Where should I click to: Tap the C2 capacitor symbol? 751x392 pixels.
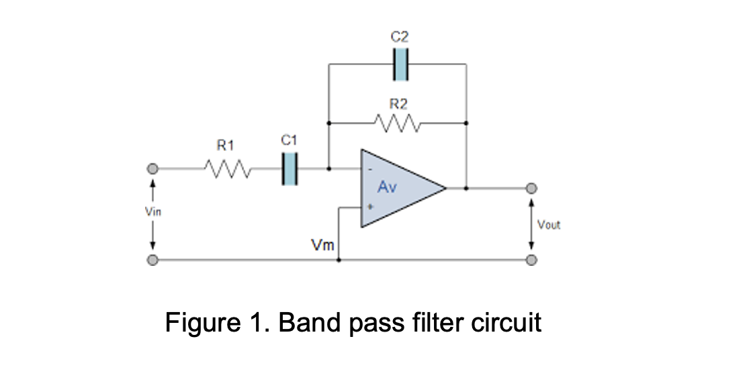coord(400,64)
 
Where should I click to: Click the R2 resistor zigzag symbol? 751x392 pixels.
coord(398,124)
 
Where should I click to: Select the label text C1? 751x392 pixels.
coord(288,139)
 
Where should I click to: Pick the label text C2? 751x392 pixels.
coord(400,38)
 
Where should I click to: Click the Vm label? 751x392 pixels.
coord(322,246)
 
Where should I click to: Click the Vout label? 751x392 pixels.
coord(549,225)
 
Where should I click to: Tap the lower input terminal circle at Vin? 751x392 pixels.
coord(153,260)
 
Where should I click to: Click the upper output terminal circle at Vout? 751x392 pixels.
coord(532,189)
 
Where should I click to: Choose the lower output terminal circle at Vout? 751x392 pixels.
coord(532,260)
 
